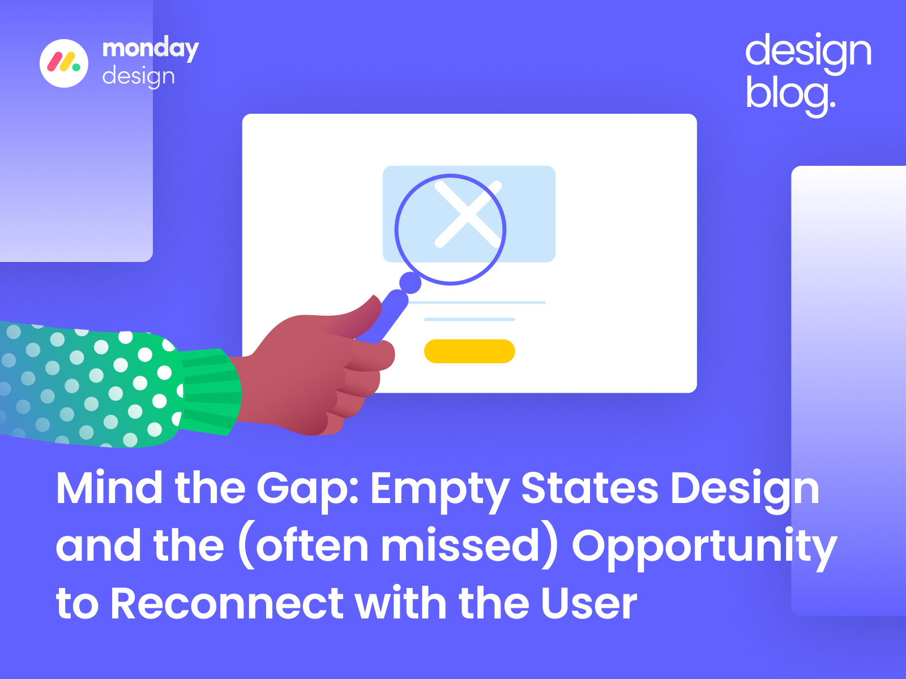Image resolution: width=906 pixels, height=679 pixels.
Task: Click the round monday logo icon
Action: (64, 63)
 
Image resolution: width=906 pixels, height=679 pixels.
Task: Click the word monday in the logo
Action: (150, 49)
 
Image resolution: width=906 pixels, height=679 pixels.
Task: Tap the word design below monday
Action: (138, 76)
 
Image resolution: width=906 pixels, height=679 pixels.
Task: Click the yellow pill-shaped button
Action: (469, 351)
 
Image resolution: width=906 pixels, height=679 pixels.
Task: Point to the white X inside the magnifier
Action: (468, 214)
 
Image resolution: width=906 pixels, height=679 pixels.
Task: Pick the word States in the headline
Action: (589, 488)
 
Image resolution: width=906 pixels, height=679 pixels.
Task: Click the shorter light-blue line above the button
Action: (469, 320)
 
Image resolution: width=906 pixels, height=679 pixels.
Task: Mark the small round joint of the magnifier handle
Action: (411, 282)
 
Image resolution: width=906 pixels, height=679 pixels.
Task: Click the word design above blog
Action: (808, 52)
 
